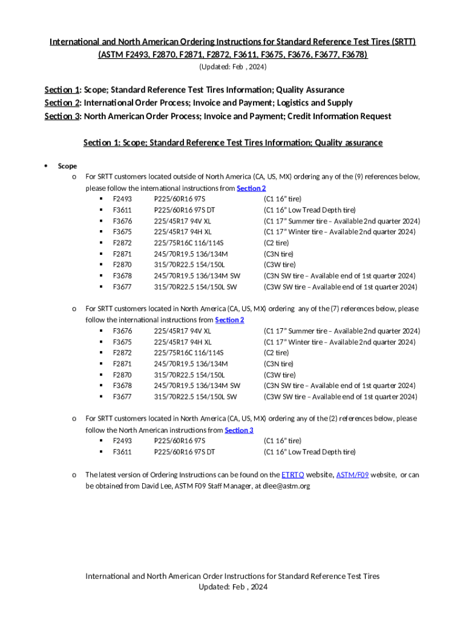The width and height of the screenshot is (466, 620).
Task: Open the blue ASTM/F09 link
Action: click(x=352, y=475)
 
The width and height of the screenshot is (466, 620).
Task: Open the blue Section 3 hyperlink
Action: click(x=239, y=430)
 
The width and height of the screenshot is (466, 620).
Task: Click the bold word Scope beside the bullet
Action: click(x=67, y=166)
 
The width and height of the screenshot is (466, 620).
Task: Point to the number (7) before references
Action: click(x=343, y=309)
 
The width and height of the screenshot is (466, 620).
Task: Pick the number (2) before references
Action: click(x=343, y=418)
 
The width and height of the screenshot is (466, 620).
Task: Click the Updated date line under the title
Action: click(x=233, y=66)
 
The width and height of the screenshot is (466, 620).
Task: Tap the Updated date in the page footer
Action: click(x=233, y=587)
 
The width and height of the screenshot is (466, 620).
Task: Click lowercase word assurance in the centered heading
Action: click(x=361, y=143)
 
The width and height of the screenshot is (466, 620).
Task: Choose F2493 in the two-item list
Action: click(x=122, y=441)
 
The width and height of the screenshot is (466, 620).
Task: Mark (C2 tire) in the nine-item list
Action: click(x=276, y=243)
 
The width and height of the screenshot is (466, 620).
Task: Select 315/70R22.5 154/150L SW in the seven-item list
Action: click(x=195, y=397)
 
